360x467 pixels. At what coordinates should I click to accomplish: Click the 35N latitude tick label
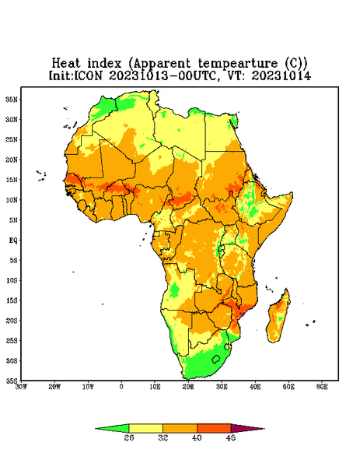coord(12,99)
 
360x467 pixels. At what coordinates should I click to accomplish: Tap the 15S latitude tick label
coord(12,300)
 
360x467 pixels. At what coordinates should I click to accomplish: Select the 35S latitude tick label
coord(12,381)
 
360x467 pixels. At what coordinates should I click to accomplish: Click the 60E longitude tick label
coord(322,387)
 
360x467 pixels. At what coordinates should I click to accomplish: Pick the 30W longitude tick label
coord(21,387)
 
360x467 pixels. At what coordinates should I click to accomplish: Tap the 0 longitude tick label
coord(121,387)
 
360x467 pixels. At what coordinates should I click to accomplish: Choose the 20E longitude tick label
coord(188,387)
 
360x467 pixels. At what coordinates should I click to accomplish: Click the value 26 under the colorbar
coord(129,437)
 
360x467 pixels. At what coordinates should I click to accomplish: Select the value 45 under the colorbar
coord(231,437)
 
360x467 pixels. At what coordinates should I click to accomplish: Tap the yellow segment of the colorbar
coord(145,428)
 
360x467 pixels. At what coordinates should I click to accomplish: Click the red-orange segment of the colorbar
coord(214,428)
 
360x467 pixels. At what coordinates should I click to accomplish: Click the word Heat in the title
coord(66,64)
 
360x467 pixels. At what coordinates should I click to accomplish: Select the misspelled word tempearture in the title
coord(237,64)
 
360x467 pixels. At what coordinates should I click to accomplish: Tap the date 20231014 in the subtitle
coord(281,75)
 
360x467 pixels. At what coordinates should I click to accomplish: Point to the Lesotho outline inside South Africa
coord(216,359)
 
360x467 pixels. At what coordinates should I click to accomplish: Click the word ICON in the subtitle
coord(88,75)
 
